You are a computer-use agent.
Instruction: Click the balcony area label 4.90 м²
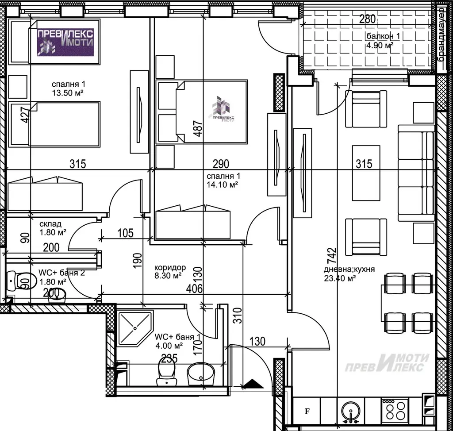380,46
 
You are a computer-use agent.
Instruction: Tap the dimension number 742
332,255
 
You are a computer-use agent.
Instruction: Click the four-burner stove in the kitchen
395,410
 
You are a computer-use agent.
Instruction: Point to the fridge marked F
307,412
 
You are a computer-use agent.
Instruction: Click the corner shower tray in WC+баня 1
135,328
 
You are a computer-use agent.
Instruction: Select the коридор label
170,267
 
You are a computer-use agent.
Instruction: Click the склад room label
50,224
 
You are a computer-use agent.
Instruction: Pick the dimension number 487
198,128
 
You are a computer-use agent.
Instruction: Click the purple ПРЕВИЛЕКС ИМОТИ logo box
65,42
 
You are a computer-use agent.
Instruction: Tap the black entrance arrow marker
253,384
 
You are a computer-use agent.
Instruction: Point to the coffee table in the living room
366,173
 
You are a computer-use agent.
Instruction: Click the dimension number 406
195,289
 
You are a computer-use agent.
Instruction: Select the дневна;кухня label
349,269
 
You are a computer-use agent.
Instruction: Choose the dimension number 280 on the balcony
367,19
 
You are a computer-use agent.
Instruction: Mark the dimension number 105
126,233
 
